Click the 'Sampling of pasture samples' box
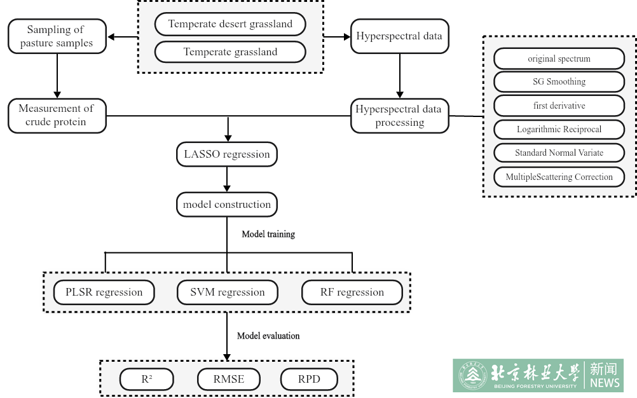[x=57, y=36]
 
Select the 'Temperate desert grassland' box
[x=230, y=24]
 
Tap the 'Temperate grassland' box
[x=230, y=52]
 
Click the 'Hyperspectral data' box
[x=399, y=36]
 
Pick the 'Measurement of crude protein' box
[x=57, y=115]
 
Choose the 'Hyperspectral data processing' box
[x=399, y=116]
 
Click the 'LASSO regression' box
[x=227, y=154]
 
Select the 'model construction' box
[x=227, y=205]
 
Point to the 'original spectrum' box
[x=559, y=58]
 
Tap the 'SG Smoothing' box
[x=559, y=81]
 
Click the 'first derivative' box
[x=559, y=106]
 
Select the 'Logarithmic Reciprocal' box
[x=559, y=129]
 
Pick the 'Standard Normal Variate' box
[x=559, y=153]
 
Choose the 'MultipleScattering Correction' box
[x=559, y=177]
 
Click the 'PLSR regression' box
[x=104, y=292]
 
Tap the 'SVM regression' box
[x=227, y=292]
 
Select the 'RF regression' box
[x=352, y=292]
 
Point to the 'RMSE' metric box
[x=228, y=380]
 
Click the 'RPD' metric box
[x=309, y=380]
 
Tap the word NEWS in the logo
[x=604, y=383]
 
